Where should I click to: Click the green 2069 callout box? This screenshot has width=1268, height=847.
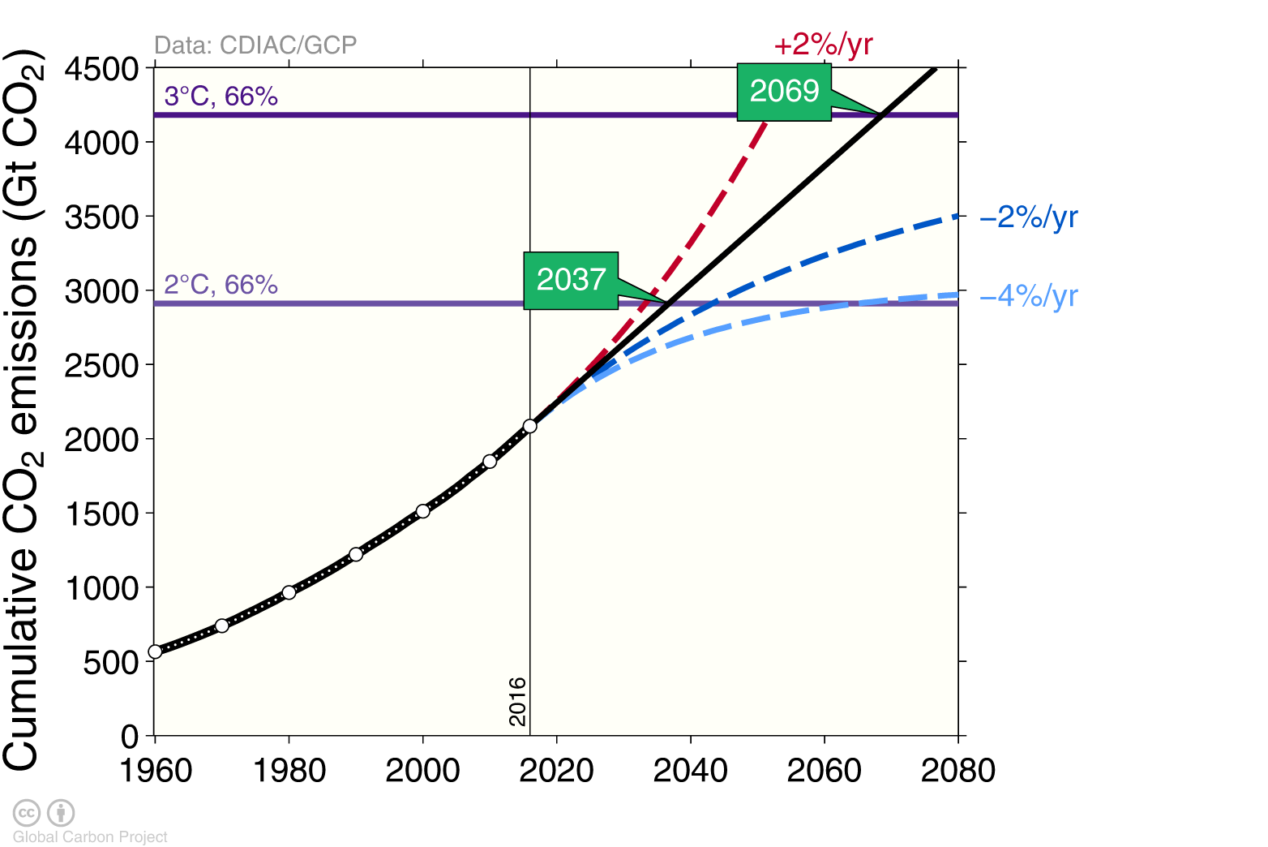point(784,92)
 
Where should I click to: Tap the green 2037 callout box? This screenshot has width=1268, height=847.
point(571,280)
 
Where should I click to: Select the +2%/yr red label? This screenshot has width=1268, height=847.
point(823,45)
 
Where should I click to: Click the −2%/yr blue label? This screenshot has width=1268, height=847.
point(1029,217)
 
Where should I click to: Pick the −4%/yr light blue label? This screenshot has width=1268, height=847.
point(1029,296)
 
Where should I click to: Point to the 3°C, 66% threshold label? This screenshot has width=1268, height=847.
point(221,97)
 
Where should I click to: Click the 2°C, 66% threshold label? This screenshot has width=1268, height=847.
point(221,285)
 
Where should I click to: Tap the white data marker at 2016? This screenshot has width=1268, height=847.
point(530,426)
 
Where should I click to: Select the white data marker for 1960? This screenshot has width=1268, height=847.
point(155,651)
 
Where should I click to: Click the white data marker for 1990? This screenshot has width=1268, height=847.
point(356,554)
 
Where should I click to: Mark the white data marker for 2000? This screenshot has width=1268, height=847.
point(422,511)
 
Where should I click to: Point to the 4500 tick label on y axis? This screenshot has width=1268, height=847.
point(102,69)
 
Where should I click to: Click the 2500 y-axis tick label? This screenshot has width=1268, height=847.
point(102,366)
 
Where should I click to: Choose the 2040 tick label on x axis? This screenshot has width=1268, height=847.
point(690,770)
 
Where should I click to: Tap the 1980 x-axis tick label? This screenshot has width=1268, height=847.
point(289,770)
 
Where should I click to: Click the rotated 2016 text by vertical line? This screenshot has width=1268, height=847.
point(517,702)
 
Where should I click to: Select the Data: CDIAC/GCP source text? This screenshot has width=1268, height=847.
point(255,45)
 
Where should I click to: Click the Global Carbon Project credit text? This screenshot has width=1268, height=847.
point(90,836)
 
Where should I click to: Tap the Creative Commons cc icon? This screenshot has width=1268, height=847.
point(27,812)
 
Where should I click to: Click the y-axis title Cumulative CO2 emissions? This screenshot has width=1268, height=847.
point(22,410)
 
